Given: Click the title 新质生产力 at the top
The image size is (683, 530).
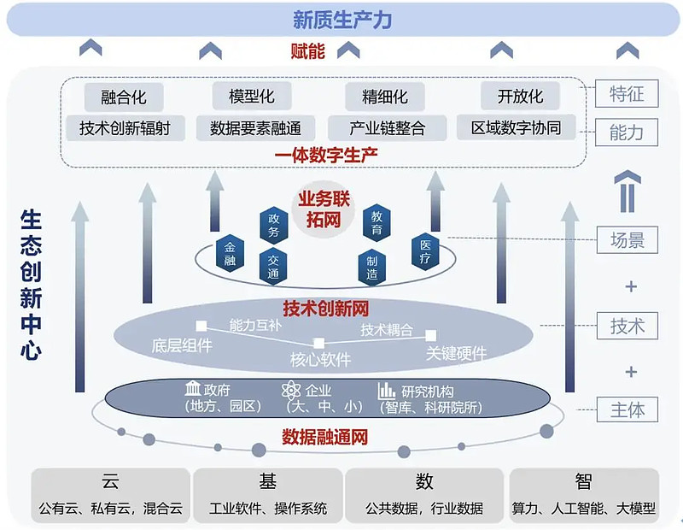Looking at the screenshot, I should [x=341, y=19].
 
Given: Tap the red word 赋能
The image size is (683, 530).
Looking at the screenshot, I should [x=307, y=51].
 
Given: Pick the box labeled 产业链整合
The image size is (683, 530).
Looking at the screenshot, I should [x=387, y=128].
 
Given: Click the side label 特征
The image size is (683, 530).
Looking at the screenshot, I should [x=628, y=94].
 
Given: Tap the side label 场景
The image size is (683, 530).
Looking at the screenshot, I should [x=628, y=240].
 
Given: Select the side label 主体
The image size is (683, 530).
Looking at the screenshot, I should [x=628, y=409].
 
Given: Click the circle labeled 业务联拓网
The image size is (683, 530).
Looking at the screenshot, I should [x=324, y=210].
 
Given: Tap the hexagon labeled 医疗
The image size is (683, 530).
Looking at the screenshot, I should [x=426, y=251].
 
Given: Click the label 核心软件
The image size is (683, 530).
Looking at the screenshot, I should [x=320, y=360].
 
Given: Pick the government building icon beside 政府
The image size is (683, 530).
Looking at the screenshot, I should [x=193, y=390].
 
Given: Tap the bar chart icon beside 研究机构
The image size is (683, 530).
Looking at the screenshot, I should [x=387, y=391].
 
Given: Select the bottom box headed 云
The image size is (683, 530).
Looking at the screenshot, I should [x=110, y=494].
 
